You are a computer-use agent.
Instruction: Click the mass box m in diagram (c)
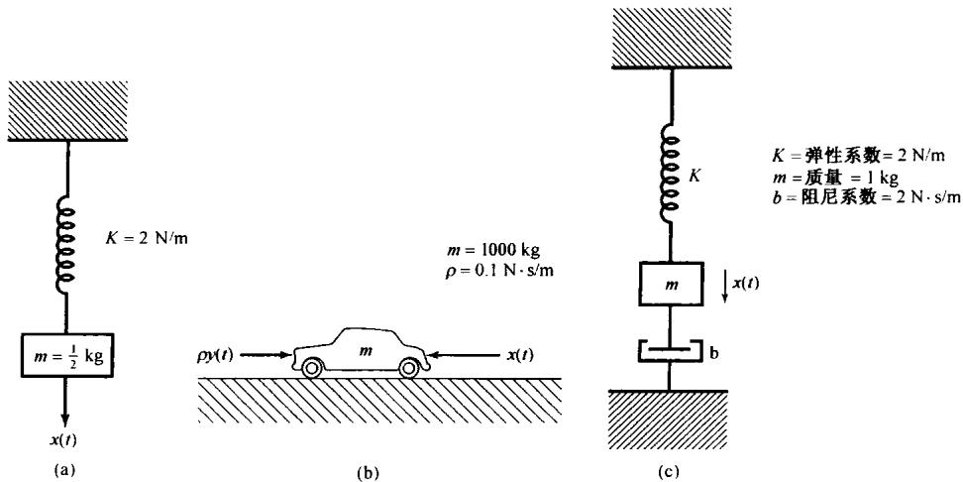click(671, 285)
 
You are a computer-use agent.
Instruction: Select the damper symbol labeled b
click(671, 350)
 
